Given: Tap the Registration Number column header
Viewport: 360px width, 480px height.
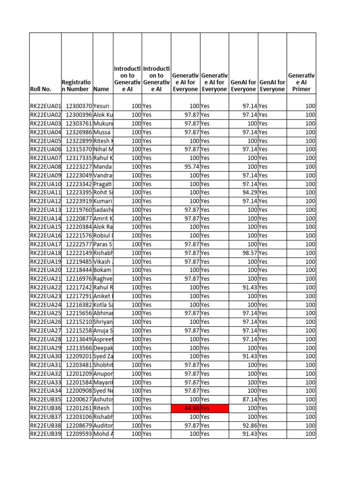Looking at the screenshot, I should [x=77, y=85].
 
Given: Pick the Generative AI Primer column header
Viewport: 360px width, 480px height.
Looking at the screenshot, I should [x=301, y=82].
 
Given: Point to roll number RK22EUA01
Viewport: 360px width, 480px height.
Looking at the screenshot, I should [x=45, y=106].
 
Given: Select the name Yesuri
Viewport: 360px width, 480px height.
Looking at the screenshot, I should [x=103, y=106].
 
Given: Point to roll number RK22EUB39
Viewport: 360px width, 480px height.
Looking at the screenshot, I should [x=45, y=434].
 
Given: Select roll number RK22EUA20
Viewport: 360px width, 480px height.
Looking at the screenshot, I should [x=45, y=270].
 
